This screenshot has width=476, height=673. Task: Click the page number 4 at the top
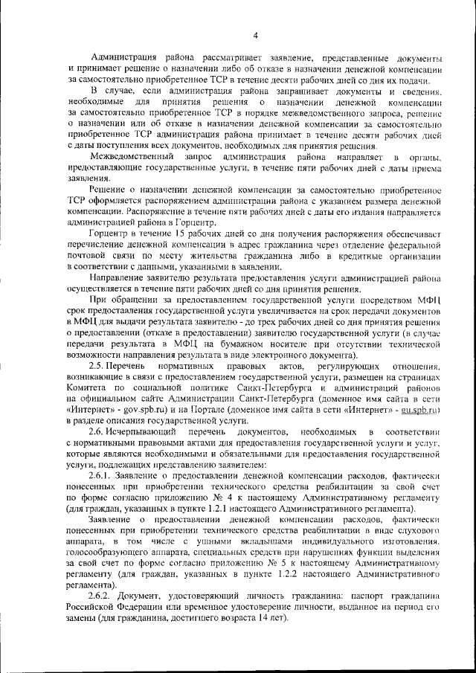(x=254, y=35)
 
